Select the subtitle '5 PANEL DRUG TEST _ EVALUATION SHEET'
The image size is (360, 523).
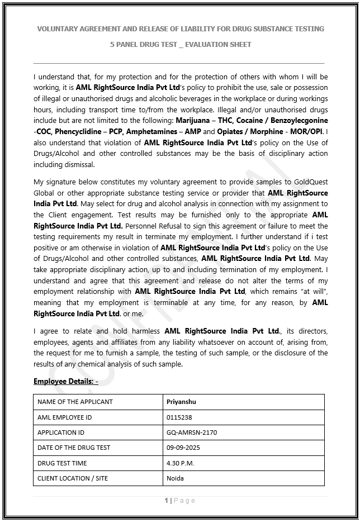click(181, 44)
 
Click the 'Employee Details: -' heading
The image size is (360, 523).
click(65, 381)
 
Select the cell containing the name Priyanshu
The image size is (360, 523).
click(181, 402)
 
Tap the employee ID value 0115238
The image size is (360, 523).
click(178, 417)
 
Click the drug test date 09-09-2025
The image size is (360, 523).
click(183, 448)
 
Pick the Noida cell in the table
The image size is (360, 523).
click(175, 478)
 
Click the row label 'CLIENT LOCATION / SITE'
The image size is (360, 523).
click(72, 478)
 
